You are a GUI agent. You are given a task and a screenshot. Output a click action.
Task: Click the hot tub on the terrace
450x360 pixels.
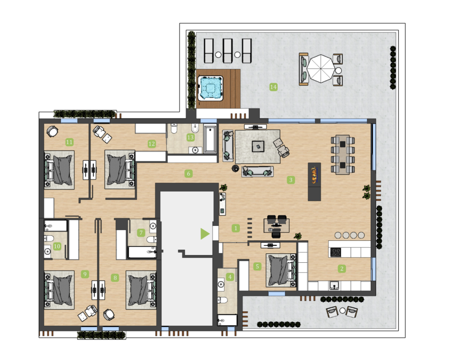(x=210, y=88)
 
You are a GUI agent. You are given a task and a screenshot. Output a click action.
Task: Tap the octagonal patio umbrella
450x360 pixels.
(x=321, y=68)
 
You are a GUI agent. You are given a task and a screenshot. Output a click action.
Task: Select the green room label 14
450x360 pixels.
(x=273, y=87)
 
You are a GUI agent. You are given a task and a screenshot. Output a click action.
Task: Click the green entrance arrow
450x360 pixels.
(x=205, y=234)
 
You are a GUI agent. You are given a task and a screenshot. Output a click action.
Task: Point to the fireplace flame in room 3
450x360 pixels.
(x=314, y=174)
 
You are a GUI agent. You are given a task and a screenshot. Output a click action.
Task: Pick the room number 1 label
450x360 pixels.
(x=236, y=228)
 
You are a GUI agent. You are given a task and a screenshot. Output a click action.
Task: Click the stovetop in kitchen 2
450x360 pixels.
(x=336, y=252)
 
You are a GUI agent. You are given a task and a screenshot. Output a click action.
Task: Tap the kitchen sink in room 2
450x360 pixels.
(x=334, y=286)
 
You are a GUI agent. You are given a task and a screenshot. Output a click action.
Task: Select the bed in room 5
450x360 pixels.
(x=281, y=270)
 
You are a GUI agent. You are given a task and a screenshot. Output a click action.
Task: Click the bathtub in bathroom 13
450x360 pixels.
(x=210, y=139)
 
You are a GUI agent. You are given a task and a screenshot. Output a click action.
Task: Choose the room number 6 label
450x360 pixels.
(x=188, y=173)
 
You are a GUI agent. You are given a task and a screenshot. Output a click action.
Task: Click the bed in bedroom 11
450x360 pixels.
(x=59, y=170)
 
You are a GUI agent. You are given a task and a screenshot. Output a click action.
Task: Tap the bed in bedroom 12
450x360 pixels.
(x=120, y=170)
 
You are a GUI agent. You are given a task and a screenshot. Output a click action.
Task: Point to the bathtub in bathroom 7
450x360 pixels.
(x=142, y=252)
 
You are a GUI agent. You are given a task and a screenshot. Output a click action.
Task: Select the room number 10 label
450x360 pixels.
(x=57, y=246)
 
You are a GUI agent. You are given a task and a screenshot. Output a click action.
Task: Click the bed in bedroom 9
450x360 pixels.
(x=59, y=289)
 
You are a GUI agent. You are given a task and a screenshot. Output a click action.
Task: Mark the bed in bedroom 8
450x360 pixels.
(x=141, y=290)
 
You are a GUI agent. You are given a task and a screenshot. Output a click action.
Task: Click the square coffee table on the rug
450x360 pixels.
(x=258, y=146)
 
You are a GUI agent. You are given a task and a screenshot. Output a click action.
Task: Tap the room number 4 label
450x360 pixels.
(x=230, y=277)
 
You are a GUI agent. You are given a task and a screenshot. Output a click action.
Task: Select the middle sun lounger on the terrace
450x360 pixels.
(x=228, y=51)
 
